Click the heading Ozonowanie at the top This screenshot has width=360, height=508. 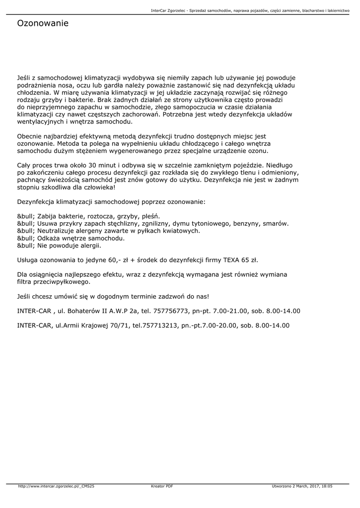click(x=43, y=23)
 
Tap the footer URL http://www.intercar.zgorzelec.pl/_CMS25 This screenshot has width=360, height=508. click(x=56, y=487)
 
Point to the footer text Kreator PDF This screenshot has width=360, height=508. click(x=162, y=487)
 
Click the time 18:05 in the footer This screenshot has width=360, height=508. click(x=326, y=487)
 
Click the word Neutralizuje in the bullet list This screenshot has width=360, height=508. click(x=57, y=231)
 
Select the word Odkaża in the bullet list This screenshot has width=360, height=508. click(x=49, y=238)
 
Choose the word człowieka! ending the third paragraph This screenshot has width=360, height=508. click(x=98, y=187)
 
